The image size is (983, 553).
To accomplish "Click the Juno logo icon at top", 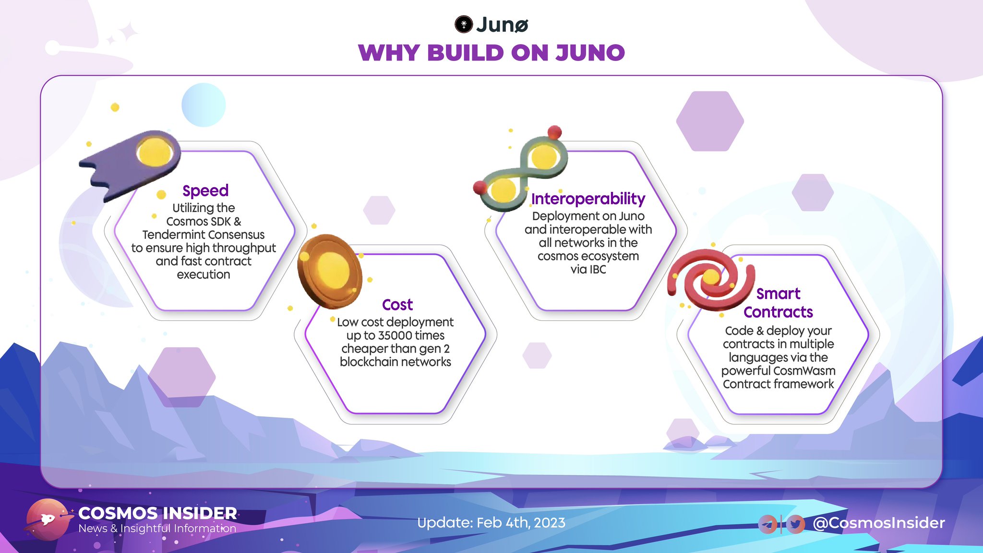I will pos(464,24).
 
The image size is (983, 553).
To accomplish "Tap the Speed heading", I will pos(205,191).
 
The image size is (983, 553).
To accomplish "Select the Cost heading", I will pos(397,305).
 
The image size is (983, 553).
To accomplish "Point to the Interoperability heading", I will pos(588,199).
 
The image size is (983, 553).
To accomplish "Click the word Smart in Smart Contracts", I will pos(778,294).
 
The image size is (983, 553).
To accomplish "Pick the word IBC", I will pos(598,270).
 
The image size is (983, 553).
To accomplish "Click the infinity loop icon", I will pos(523,173).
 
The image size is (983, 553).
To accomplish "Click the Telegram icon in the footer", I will pos(767,524).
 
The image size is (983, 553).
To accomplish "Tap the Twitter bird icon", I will pos(795,524).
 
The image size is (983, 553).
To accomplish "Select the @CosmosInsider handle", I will pos(878,523).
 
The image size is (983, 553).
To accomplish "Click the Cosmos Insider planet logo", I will pos(48,520).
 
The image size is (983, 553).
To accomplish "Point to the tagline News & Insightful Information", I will pos(157,529).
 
